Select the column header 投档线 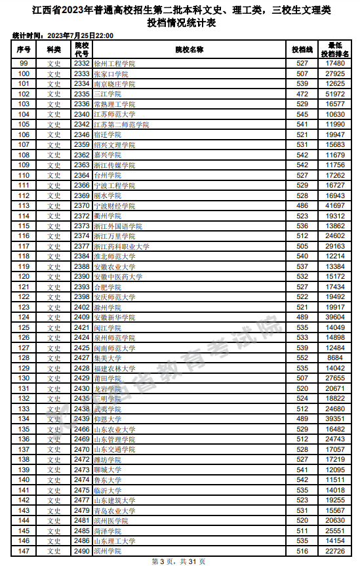click(302, 49)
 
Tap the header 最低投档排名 click(335, 49)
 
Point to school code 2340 click(81, 114)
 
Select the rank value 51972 click(335, 94)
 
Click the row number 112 click(24, 195)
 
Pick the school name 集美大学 click(108, 357)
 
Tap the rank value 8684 click(335, 357)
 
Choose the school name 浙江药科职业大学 click(121, 247)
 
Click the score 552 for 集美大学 click(302, 357)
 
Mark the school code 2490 click(81, 551)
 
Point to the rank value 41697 click(335, 206)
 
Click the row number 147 click(24, 551)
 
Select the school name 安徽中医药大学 click(117, 277)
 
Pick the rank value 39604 click(335, 317)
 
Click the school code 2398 click(81, 297)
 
